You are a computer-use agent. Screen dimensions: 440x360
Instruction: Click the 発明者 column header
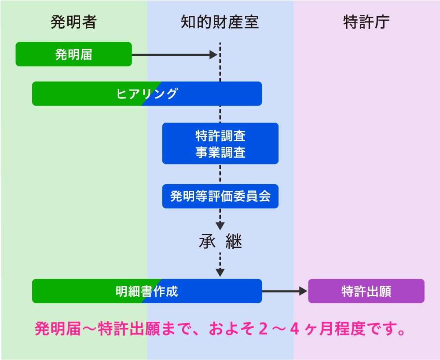point(73,22)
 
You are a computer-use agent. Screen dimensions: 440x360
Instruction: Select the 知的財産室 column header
point(220,22)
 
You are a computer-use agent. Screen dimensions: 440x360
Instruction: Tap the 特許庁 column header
point(366,22)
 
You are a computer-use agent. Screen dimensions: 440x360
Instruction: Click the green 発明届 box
point(73,54)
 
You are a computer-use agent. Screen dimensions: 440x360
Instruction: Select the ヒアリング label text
point(147,94)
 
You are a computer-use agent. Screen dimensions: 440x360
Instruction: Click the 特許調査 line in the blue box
point(220,136)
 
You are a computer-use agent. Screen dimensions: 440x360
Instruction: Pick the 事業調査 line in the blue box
point(220,152)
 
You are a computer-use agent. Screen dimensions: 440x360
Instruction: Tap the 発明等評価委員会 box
point(220,196)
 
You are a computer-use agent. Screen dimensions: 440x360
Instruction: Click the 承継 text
point(220,241)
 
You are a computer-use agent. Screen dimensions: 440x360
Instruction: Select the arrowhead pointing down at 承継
point(220,226)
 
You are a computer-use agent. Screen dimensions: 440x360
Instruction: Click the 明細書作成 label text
point(147,291)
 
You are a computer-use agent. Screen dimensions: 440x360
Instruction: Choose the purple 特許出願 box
point(366,291)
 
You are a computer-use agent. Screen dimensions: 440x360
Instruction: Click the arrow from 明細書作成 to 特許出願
point(285,291)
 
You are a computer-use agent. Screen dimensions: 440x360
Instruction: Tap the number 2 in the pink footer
point(263,329)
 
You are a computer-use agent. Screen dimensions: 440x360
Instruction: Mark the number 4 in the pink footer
point(294,329)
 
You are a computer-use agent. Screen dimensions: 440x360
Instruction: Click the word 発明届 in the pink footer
point(58,329)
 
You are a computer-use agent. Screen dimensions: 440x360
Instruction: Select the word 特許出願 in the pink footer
point(129,329)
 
